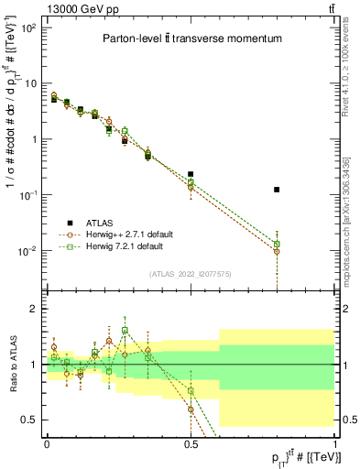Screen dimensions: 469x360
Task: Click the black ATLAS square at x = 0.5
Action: pos(191,174)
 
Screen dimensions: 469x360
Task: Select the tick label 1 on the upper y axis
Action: pos(33,139)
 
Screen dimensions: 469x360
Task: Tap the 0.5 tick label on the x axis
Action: pos(190,442)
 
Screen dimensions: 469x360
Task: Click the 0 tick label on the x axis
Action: pos(47,442)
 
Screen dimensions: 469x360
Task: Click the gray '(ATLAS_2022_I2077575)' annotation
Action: pos(191,274)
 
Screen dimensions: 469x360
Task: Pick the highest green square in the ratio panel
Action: pos(125,331)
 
